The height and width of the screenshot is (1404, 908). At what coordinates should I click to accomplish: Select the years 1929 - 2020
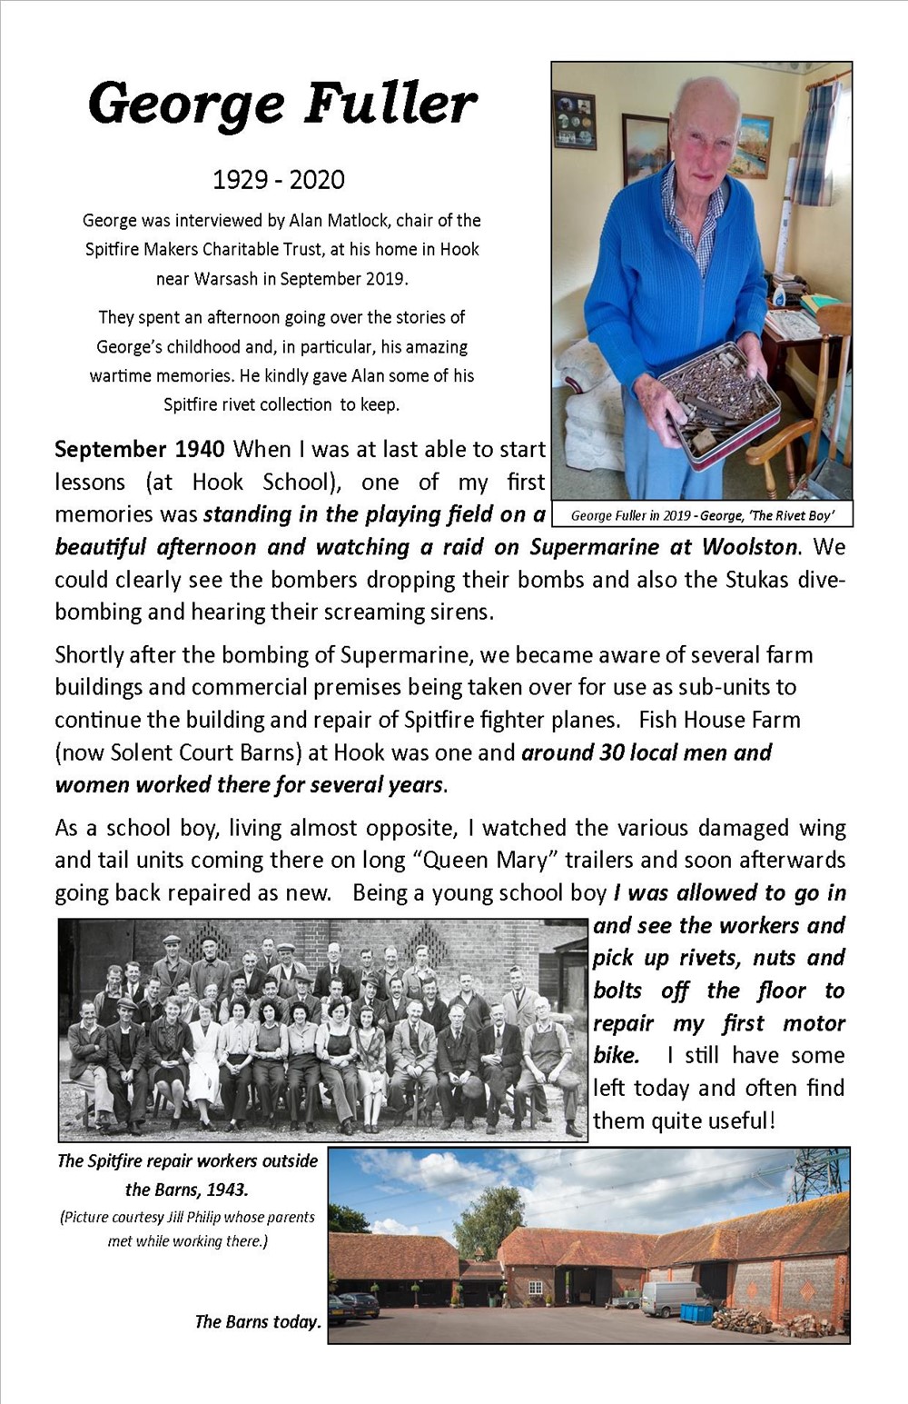(279, 180)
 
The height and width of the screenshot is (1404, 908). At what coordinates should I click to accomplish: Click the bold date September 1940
(140, 450)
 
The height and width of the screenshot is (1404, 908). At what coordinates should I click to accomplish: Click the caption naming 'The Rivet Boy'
(702, 516)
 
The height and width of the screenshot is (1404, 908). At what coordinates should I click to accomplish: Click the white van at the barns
(670, 1297)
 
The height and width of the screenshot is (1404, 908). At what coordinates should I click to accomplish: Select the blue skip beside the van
(696, 1312)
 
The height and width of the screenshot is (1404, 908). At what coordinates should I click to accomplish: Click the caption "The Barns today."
(258, 1321)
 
